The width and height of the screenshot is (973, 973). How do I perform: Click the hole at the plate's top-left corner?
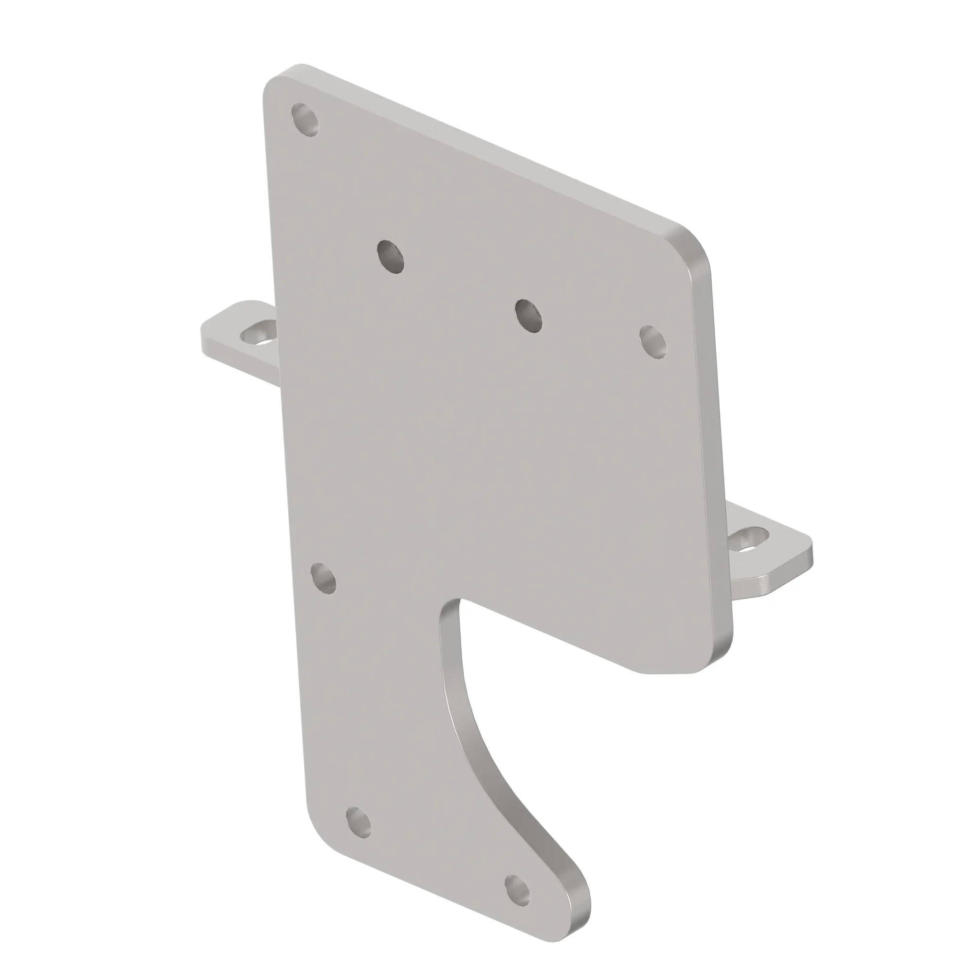[306, 119]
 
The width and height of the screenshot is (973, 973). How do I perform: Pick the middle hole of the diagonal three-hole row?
[528, 316]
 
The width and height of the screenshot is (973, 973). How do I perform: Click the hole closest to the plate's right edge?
[653, 342]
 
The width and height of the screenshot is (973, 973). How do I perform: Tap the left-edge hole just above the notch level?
[324, 578]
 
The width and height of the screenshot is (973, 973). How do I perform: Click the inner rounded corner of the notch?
[448, 612]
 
